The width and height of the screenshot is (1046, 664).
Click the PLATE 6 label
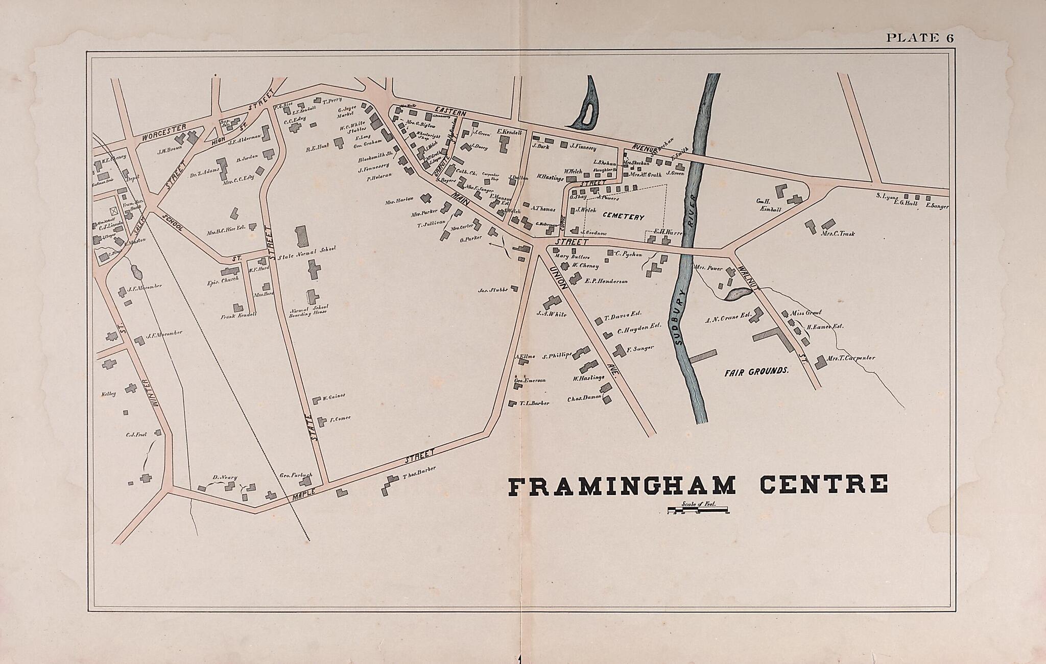pyautogui.click(x=920, y=38)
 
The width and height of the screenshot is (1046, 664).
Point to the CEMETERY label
pyautogui.click(x=623, y=217)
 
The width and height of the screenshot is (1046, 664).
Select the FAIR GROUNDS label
pyautogui.click(x=756, y=371)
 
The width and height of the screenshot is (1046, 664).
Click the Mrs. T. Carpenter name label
pyautogui.click(x=851, y=358)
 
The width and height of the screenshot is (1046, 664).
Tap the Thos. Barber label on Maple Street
pyautogui.click(x=419, y=472)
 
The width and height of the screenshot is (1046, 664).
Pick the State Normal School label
pyautogui.click(x=306, y=250)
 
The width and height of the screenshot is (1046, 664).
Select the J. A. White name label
pyautogui.click(x=551, y=315)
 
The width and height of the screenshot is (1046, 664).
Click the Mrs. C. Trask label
pyautogui.click(x=838, y=234)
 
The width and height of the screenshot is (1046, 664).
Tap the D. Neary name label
pyautogui.click(x=225, y=478)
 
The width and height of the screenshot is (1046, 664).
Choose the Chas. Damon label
pyautogui.click(x=584, y=398)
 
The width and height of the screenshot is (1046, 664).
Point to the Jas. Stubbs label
pyautogui.click(x=493, y=290)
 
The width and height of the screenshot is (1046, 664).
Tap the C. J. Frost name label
pyautogui.click(x=136, y=435)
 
